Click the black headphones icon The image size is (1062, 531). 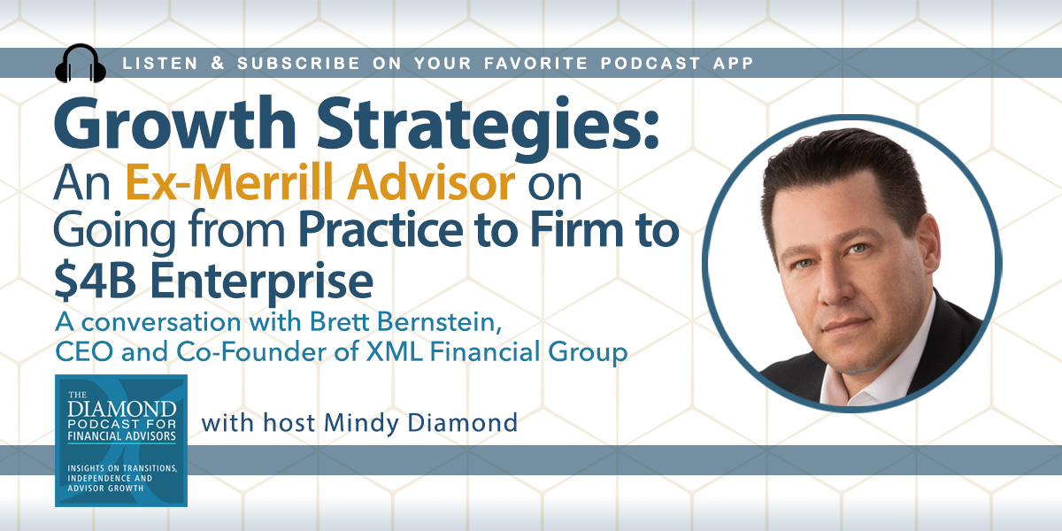(81, 63)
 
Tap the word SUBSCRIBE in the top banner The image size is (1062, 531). (299, 63)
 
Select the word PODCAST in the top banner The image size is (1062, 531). (650, 63)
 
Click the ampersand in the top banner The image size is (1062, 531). (218, 63)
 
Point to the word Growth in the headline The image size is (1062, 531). (175, 124)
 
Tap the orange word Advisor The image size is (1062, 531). (431, 182)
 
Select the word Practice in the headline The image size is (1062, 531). (381, 230)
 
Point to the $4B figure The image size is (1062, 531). (96, 281)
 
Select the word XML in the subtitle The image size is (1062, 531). (394, 352)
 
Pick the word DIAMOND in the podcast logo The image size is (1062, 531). (122, 409)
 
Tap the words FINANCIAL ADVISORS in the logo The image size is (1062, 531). (121, 436)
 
